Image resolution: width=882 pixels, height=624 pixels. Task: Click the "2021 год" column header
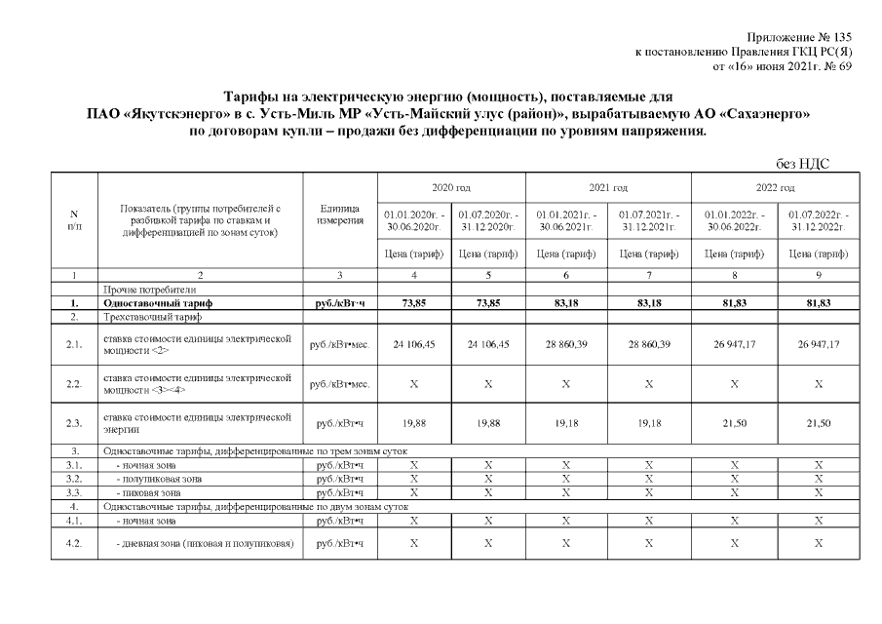coord(607,187)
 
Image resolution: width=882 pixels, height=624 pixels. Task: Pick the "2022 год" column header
coord(775,187)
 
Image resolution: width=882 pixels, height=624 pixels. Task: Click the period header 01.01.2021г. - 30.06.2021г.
coord(565,219)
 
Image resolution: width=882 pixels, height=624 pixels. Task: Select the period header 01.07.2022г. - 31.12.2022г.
coord(818,219)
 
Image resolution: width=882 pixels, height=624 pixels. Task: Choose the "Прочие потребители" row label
coord(149,290)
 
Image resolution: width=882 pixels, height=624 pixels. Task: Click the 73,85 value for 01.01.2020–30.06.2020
coord(415,303)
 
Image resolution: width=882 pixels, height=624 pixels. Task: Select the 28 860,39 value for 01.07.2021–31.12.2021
coord(649,344)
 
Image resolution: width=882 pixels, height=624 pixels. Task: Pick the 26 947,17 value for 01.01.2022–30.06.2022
coord(733,344)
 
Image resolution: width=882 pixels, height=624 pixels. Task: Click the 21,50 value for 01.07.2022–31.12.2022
coord(818,423)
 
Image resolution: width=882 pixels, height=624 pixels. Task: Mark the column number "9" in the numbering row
coord(818,276)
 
